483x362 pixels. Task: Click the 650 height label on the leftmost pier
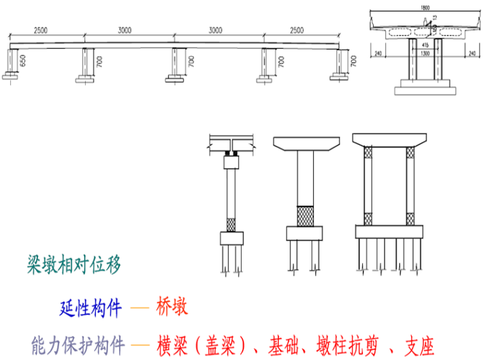pyautogui.click(x=23, y=62)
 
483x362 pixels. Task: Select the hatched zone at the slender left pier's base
pyautogui.click(x=231, y=224)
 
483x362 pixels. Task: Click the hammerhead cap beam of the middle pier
pyautogui.click(x=306, y=145)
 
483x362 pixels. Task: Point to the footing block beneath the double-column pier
pyautogui.click(x=388, y=232)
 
